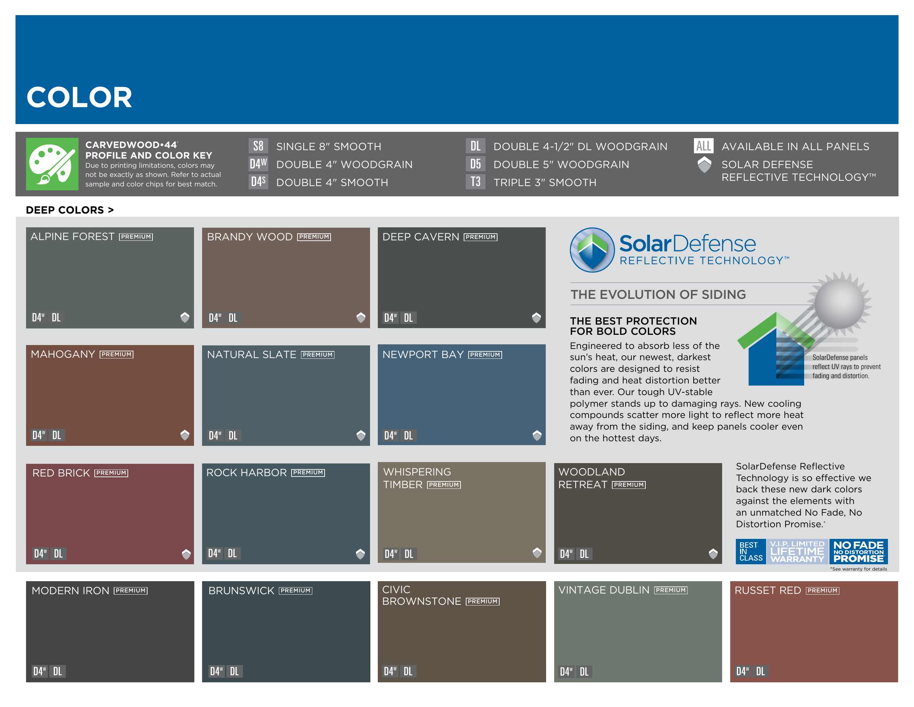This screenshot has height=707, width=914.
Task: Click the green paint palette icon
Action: click(x=52, y=164)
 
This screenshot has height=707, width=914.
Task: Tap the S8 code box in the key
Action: click(x=258, y=146)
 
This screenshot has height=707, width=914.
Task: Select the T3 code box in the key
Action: click(x=475, y=182)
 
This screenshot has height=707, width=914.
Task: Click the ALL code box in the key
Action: click(x=703, y=146)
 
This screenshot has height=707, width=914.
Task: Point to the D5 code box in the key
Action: click(x=475, y=164)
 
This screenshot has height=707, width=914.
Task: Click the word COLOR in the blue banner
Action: click(x=79, y=97)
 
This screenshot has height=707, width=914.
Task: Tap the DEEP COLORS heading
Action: click(x=69, y=210)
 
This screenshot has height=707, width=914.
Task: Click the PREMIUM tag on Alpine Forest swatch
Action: click(x=136, y=236)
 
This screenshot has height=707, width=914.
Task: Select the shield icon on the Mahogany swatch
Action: click(x=184, y=435)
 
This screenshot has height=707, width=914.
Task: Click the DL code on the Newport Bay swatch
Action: click(x=408, y=436)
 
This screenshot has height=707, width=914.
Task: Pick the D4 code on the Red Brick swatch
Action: click(x=40, y=554)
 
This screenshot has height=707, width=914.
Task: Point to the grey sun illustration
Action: click(x=839, y=303)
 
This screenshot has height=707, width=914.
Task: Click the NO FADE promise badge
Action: click(x=858, y=551)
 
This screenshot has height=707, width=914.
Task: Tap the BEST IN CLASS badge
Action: click(x=751, y=551)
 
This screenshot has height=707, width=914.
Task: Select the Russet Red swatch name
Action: click(x=768, y=590)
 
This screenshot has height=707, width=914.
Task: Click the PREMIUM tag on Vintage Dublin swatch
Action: click(x=671, y=590)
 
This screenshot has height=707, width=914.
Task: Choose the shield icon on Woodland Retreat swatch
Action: click(x=713, y=554)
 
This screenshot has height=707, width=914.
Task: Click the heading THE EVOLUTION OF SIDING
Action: click(x=658, y=294)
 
